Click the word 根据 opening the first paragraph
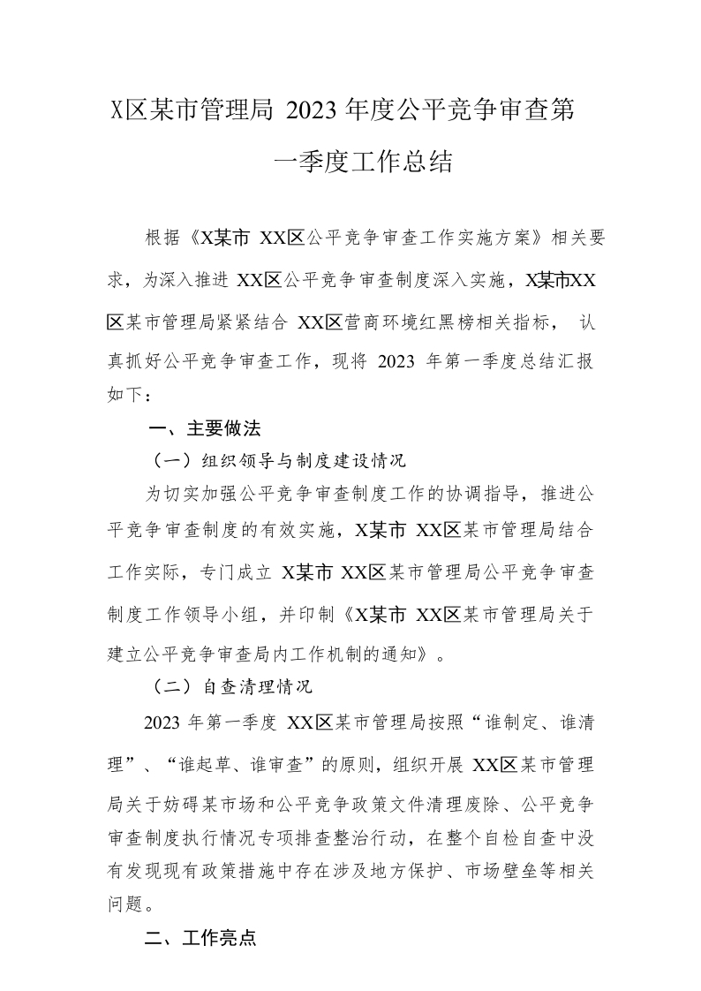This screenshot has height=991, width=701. (162, 238)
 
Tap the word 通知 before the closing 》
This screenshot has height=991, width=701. (408, 655)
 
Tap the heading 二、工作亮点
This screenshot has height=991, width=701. (200, 937)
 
